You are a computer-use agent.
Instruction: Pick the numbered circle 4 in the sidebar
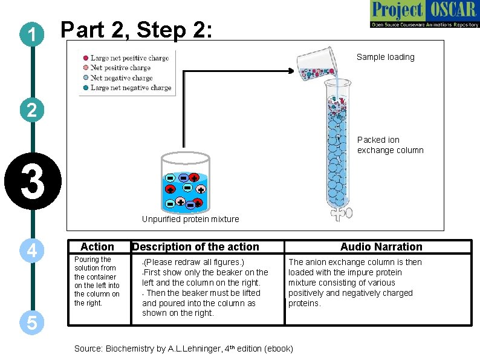tap(30, 250)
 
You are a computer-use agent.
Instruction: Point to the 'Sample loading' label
tap(385, 57)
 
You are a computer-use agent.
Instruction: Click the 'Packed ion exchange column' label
tap(390, 145)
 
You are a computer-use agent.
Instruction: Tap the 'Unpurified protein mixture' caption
tap(190, 219)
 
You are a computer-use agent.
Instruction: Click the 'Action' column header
tap(97, 247)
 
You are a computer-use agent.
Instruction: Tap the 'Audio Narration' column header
tap(381, 247)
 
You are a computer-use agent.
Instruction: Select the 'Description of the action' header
tap(195, 247)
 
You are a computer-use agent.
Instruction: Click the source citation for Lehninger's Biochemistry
tap(183, 349)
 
